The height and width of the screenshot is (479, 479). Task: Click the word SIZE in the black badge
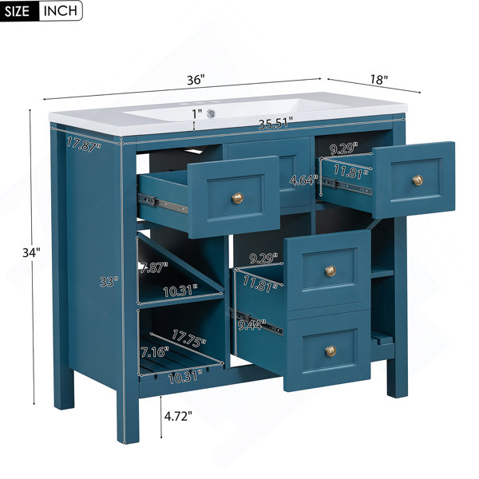[17, 10]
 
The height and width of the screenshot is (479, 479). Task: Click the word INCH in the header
[60, 10]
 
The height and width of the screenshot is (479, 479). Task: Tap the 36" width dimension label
[196, 80]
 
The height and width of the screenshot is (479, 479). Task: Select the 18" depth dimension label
[379, 80]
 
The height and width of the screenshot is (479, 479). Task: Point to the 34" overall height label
[31, 253]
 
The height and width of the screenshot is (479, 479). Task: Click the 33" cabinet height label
[109, 282]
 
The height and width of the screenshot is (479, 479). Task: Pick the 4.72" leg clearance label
[178, 416]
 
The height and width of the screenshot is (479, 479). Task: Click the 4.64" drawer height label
[302, 180]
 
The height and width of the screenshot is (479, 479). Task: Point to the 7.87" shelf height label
[154, 268]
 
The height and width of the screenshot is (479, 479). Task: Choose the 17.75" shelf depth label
[188, 338]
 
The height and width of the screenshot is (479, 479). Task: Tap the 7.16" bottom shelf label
[155, 352]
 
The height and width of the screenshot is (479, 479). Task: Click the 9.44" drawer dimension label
[251, 325]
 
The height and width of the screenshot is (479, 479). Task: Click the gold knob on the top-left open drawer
[237, 198]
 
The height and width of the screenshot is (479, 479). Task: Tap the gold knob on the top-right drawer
[418, 180]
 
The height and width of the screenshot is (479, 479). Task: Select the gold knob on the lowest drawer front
[331, 351]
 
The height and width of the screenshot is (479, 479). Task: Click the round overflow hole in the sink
[211, 113]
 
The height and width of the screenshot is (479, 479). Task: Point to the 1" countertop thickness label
[197, 114]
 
